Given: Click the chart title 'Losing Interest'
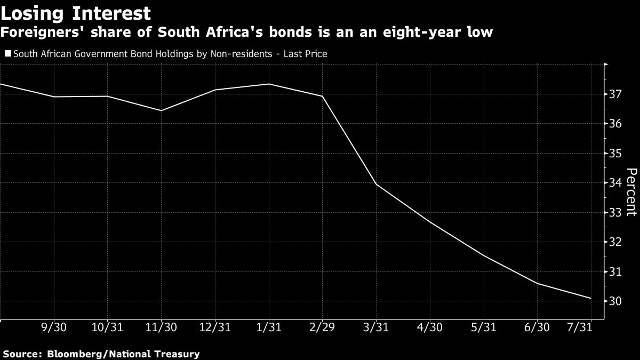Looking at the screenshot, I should point(76,13).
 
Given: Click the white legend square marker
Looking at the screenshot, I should point(8,53).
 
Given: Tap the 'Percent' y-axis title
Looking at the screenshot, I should point(631,192).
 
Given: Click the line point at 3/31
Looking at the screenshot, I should point(376,184).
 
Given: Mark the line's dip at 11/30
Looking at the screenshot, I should point(161,110).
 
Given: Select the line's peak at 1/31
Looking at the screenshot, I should point(269,84).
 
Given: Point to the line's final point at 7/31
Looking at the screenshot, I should point(591,298).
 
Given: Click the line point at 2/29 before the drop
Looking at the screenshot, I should point(322,96).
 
